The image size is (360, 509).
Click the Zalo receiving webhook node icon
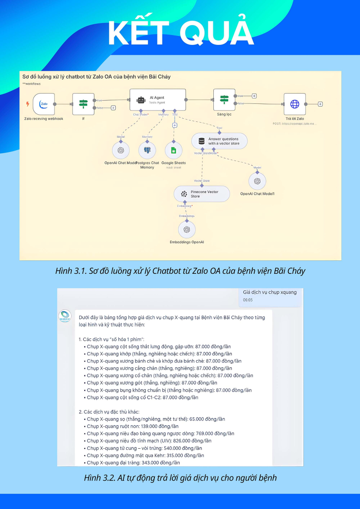tap(44, 104)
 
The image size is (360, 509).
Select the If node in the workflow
tap(83, 104)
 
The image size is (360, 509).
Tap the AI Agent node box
tap(157, 100)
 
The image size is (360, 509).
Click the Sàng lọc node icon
tap(224, 100)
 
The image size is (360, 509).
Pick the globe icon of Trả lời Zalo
tap(294, 104)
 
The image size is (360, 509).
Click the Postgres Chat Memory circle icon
tap(147, 150)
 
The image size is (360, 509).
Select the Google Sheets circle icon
tap(174, 150)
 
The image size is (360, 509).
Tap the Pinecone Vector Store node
tap(202, 194)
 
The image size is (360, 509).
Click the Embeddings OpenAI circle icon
tap(187, 229)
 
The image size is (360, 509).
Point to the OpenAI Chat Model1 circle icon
tap(257, 181)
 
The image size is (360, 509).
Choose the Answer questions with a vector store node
tap(219, 141)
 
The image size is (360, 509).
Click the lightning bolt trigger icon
tap(27, 104)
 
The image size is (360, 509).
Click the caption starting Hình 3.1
tap(180, 271)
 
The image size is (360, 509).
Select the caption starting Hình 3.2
tap(180, 478)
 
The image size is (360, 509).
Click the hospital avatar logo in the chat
tap(65, 316)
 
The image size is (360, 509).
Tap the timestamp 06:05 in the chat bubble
tap(248, 299)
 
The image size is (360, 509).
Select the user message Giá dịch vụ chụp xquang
tap(270, 292)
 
